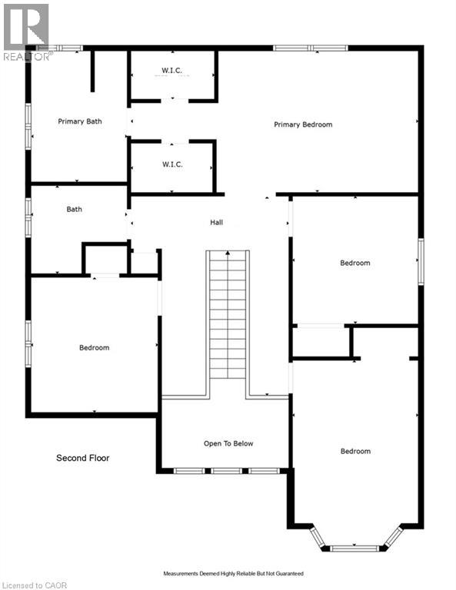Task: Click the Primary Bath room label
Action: pyautogui.click(x=80, y=121)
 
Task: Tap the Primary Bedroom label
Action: pyautogui.click(x=303, y=124)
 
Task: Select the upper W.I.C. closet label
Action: pyautogui.click(x=171, y=71)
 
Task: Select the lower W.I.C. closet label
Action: pyautogui.click(x=171, y=164)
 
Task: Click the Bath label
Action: pyautogui.click(x=74, y=209)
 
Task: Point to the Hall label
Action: pyautogui.click(x=216, y=223)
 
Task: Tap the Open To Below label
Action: pyautogui.click(x=228, y=443)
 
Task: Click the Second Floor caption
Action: pyautogui.click(x=82, y=458)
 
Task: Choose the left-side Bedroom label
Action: pyautogui.click(x=94, y=347)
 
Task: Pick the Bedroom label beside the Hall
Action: pyautogui.click(x=354, y=263)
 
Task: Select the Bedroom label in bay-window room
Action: pyautogui.click(x=354, y=451)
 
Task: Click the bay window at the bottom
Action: pyautogui.click(x=355, y=546)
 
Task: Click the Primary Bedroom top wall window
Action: pyautogui.click(x=311, y=48)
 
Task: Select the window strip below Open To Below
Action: pyautogui.click(x=225, y=470)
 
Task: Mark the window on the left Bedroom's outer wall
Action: pyautogui.click(x=28, y=343)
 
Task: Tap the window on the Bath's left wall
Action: pyautogui.click(x=28, y=217)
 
